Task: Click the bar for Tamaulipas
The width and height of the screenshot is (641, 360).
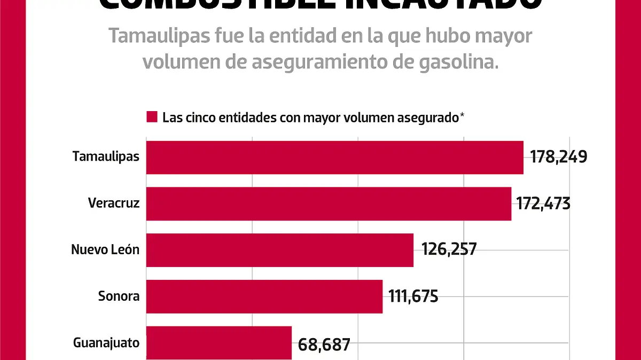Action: [x=334, y=158]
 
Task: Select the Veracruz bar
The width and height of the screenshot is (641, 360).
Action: [x=329, y=204]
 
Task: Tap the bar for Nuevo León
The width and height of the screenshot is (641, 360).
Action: [x=279, y=249]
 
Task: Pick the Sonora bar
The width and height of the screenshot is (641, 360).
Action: [x=264, y=296]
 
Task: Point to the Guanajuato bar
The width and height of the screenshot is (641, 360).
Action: [x=218, y=342]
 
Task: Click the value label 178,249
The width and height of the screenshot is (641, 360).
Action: [x=559, y=157]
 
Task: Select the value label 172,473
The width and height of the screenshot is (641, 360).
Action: [x=543, y=204]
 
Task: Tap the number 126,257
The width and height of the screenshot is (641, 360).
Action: [x=449, y=249]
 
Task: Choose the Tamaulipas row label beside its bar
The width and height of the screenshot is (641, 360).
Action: [x=106, y=157]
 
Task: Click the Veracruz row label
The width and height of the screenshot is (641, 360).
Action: [x=114, y=204]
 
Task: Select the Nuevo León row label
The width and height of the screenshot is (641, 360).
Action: [x=105, y=249]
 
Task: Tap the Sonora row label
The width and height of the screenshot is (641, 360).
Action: [x=119, y=296]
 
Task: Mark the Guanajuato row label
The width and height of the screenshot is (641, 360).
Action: [x=106, y=343]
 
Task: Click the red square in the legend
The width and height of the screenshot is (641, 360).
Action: [x=152, y=118]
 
